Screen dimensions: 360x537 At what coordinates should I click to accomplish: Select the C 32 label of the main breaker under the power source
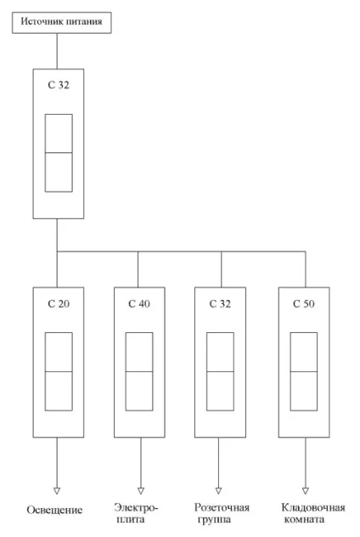[59, 85]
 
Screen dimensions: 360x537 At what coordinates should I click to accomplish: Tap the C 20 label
[59, 304]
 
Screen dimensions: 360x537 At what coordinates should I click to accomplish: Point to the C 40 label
[139, 304]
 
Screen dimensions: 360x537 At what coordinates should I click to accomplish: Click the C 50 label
[304, 304]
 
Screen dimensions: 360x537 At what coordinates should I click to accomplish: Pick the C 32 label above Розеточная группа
[220, 304]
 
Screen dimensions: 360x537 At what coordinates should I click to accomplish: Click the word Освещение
[54, 510]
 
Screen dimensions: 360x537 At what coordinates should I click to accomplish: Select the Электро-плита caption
[136, 513]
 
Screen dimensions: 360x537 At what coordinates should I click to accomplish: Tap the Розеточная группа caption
[222, 513]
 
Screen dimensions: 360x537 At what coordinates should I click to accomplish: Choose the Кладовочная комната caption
[313, 513]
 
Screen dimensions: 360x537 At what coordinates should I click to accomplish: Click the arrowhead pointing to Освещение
[57, 491]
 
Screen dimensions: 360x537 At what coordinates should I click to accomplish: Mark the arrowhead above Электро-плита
[141, 491]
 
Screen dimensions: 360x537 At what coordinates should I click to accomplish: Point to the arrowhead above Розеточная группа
[219, 491]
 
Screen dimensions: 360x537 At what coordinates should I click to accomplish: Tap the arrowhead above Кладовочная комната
[306, 491]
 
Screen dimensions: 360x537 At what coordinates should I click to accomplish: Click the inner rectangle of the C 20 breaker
[45, 371]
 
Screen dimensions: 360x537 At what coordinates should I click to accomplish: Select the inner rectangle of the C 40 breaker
[126, 371]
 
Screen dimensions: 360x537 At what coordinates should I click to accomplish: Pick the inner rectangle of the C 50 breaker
[290, 371]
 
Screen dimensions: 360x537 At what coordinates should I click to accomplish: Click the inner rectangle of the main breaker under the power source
[45, 153]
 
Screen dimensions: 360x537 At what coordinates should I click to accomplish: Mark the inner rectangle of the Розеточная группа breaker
[206, 371]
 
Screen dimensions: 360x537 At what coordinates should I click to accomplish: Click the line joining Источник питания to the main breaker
[57, 51]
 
